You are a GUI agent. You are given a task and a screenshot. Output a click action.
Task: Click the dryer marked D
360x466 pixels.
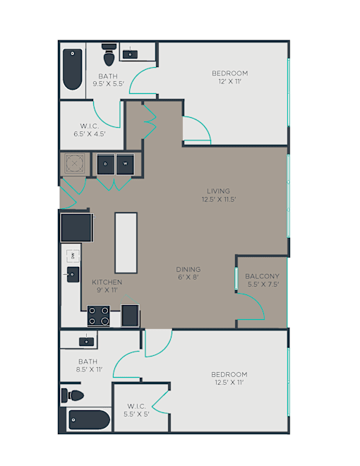click(x=106, y=164)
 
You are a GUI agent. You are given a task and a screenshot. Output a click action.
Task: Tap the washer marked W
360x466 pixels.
click(x=125, y=164)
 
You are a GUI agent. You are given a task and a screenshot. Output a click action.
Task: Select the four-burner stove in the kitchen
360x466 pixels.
click(x=98, y=316)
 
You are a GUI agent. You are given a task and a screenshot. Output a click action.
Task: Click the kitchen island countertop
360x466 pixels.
click(x=126, y=243)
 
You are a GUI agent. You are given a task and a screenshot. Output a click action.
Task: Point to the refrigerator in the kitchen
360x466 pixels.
click(x=77, y=227)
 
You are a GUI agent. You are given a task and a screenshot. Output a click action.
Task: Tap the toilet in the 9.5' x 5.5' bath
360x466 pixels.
click(x=109, y=54)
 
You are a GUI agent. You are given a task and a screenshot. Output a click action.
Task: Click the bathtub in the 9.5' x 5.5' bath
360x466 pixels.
click(x=73, y=69)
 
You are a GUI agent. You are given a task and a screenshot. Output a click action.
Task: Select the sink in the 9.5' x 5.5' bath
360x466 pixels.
click(x=130, y=54)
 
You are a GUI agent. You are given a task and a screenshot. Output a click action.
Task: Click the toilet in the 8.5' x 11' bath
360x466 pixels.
click(x=73, y=395)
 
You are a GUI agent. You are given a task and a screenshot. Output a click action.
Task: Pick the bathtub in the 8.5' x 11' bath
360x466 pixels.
click(x=89, y=419)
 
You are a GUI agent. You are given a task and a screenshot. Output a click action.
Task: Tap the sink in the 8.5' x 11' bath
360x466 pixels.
click(x=86, y=342)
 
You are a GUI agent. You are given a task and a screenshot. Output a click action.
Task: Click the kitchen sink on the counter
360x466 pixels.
click(x=73, y=275)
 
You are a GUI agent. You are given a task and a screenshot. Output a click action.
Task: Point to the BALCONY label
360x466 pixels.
click(x=263, y=276)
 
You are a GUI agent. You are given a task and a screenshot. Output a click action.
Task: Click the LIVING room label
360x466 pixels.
click(x=218, y=191)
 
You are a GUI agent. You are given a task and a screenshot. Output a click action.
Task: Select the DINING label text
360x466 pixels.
click(x=188, y=269)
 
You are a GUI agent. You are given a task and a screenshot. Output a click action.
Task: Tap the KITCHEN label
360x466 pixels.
click(x=107, y=282)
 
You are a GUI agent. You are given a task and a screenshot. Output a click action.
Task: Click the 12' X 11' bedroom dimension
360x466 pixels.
click(x=230, y=81)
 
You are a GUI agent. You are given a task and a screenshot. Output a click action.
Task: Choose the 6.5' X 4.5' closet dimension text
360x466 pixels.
click(x=90, y=134)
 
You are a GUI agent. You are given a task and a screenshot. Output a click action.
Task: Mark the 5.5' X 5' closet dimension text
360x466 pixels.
click(x=136, y=414)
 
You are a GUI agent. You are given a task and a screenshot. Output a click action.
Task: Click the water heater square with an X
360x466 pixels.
click(x=74, y=163)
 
